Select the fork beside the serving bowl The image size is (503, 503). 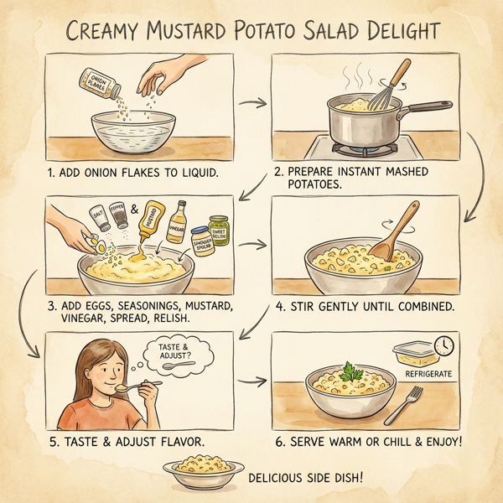pos(407,406)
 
